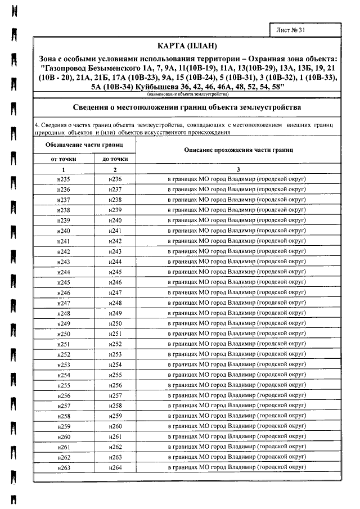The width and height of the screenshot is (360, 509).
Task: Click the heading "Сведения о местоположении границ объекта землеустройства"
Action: tap(187, 107)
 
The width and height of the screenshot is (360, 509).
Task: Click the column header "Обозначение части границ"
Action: tap(84, 145)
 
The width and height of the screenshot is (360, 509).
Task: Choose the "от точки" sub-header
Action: tap(64, 159)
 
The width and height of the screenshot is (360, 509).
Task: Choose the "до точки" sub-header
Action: tap(115, 159)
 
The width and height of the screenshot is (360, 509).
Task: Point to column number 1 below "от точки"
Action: tap(64, 169)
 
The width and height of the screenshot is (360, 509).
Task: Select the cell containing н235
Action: tap(64, 179)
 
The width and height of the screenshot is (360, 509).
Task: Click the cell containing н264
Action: tap(115, 467)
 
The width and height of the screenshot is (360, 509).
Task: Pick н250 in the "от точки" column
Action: tap(64, 334)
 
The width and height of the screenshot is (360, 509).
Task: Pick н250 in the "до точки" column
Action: tap(115, 323)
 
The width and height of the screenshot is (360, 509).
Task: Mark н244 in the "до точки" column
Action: tap(115, 262)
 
